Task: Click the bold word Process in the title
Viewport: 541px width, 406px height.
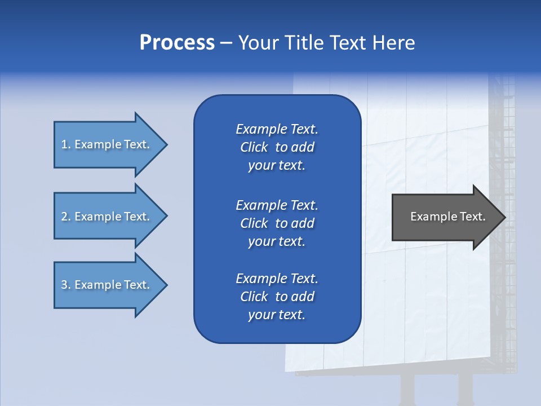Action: pos(177,43)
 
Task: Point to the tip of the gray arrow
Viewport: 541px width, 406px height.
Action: pos(504,217)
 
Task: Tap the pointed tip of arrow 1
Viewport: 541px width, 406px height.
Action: pos(166,144)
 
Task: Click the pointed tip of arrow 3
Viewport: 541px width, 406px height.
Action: pos(166,285)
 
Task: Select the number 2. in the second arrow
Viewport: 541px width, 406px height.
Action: pos(66,217)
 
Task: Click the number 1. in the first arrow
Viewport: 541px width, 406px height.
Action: pos(66,144)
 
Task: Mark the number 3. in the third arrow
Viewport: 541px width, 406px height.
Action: pos(66,285)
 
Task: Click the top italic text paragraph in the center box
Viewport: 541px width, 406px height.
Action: pos(277,147)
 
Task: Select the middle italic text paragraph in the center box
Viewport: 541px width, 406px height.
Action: pos(277,223)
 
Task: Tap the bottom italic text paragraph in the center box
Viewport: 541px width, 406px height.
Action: pos(277,297)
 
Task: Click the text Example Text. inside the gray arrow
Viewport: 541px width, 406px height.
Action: pos(448,217)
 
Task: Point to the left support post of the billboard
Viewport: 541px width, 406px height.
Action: pos(407,389)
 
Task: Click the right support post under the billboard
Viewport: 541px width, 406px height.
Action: pos(465,389)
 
